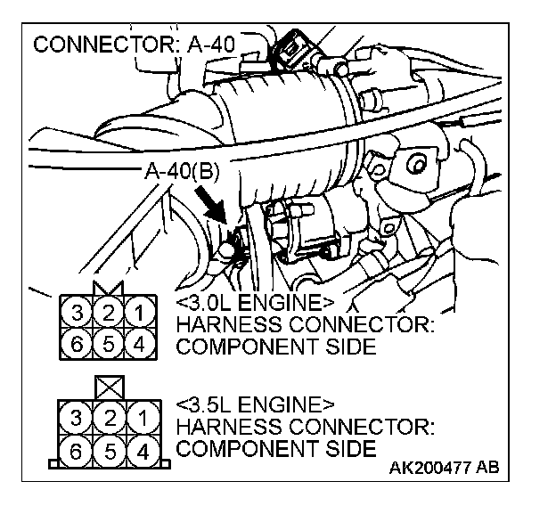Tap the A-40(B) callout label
180,171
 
